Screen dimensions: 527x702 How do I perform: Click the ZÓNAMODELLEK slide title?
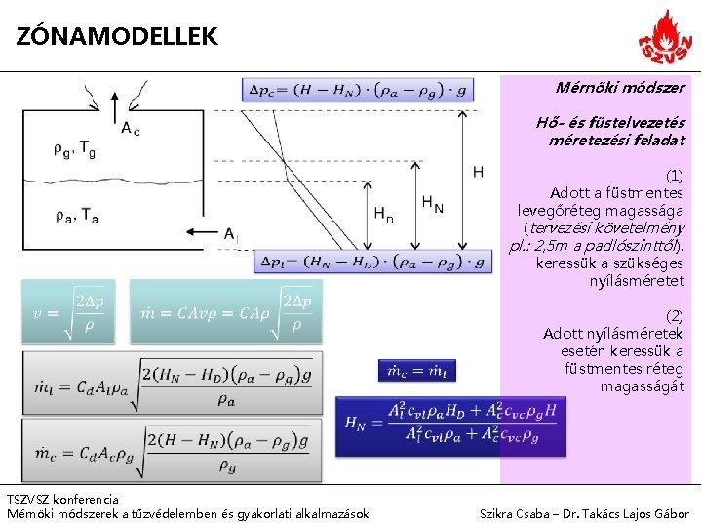pyautogui.click(x=118, y=37)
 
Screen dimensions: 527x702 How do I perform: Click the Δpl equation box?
pyautogui.click(x=372, y=262)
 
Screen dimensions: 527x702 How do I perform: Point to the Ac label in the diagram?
pyautogui.click(x=130, y=128)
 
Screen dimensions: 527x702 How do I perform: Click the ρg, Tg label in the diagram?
pyautogui.click(x=74, y=149)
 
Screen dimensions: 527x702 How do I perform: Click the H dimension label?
pyautogui.click(x=478, y=172)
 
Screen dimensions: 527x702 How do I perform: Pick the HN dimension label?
pyautogui.click(x=432, y=204)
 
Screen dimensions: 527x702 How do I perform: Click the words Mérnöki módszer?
pyautogui.click(x=620, y=88)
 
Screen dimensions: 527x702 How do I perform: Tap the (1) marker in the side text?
pyautogui.click(x=674, y=175)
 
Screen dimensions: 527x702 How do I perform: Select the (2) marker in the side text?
pyautogui.click(x=674, y=316)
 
